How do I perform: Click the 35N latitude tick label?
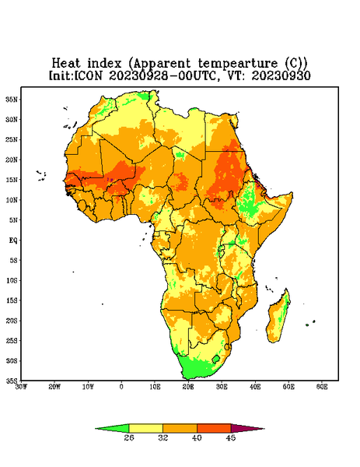(12, 99)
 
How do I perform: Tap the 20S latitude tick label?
(12, 321)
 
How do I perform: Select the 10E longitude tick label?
(155, 387)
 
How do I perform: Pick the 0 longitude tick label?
(121, 387)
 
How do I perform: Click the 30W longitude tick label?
(22, 387)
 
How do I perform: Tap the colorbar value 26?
(129, 437)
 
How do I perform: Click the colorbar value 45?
(231, 437)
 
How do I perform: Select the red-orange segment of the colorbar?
(214, 428)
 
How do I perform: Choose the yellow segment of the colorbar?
(145, 428)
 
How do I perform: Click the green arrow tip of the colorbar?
(96, 429)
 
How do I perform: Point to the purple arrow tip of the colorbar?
(264, 429)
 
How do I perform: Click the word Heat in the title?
(66, 63)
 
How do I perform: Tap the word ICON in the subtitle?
(88, 75)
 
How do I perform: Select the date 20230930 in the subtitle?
(281, 75)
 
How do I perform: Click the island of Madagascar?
(279, 318)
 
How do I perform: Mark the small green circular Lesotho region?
(216, 359)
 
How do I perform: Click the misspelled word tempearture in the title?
(238, 64)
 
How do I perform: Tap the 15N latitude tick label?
(12, 180)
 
